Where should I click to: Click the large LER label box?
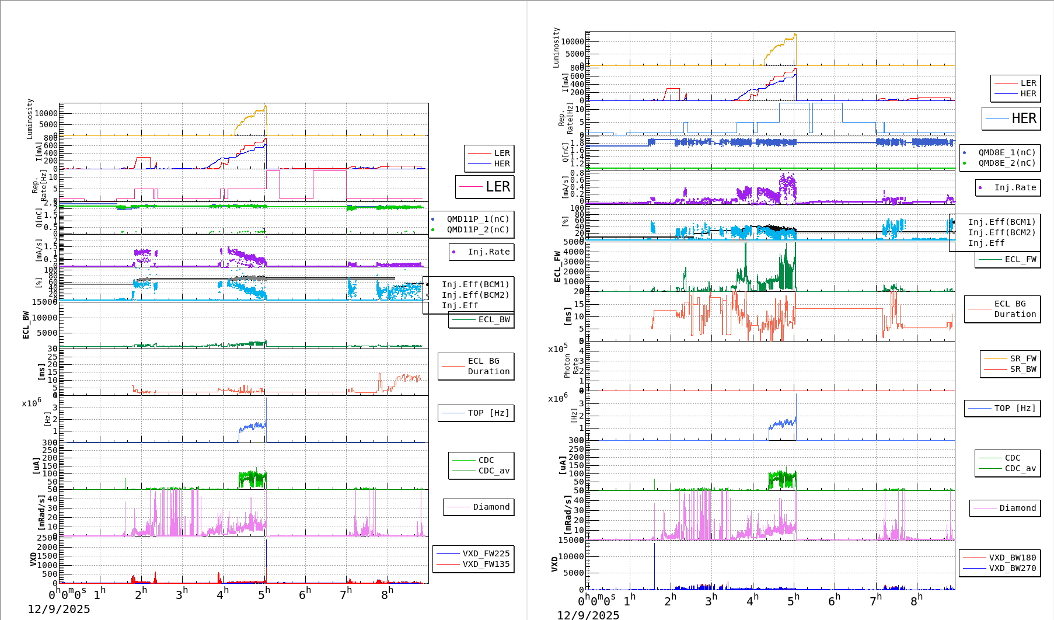(485, 187)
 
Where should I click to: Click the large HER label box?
(1011, 119)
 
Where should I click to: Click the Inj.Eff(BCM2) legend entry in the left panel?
(475, 295)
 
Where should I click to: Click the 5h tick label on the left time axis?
(264, 593)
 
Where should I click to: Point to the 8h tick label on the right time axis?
(916, 600)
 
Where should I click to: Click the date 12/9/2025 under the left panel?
(59, 609)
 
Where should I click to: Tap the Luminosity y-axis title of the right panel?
(556, 47)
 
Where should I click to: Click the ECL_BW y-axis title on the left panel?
(26, 325)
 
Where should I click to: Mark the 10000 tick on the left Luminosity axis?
(46, 113)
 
